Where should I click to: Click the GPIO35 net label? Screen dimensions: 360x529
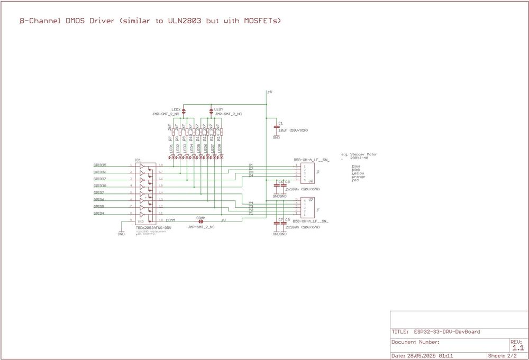(x=100, y=165)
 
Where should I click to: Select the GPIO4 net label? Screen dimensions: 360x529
(x=99, y=214)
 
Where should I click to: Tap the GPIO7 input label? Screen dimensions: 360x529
(x=99, y=193)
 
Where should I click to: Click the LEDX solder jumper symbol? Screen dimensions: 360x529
(x=184, y=111)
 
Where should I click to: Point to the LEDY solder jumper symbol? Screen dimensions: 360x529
(x=212, y=111)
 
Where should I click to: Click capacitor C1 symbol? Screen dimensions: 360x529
(x=276, y=127)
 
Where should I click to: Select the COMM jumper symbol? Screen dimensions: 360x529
(x=201, y=221)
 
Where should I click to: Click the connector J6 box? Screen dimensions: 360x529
(x=307, y=173)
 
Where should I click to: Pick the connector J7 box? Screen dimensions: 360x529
(x=307, y=207)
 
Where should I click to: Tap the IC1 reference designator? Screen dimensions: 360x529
(x=138, y=159)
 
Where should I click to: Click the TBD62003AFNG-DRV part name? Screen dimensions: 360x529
(x=153, y=228)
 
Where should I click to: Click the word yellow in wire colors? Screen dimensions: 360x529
(x=358, y=173)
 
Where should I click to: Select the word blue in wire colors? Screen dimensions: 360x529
(x=356, y=166)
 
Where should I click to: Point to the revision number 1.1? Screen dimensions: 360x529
(x=518, y=348)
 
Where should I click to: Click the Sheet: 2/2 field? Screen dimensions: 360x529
(x=502, y=356)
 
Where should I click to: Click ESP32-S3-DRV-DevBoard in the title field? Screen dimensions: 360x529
(x=446, y=332)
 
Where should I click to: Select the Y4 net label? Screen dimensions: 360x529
(x=251, y=203)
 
